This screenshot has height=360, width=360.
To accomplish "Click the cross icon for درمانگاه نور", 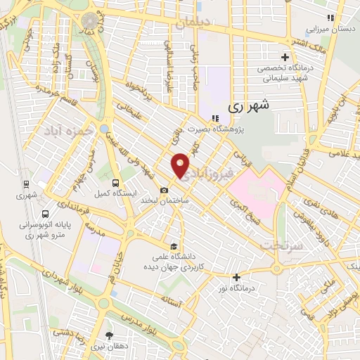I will [x=236, y=277].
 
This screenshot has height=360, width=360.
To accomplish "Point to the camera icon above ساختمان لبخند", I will [x=164, y=190].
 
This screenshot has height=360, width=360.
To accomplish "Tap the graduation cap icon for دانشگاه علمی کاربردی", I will [x=174, y=245].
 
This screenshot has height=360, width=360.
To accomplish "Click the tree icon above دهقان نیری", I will [x=108, y=335].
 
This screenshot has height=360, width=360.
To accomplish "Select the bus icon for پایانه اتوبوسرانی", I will [x=46, y=214].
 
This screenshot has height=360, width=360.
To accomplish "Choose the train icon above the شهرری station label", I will [x=26, y=185].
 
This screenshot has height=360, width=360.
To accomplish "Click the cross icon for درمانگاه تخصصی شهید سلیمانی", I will [x=284, y=57].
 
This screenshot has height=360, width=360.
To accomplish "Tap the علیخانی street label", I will [x=133, y=115].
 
